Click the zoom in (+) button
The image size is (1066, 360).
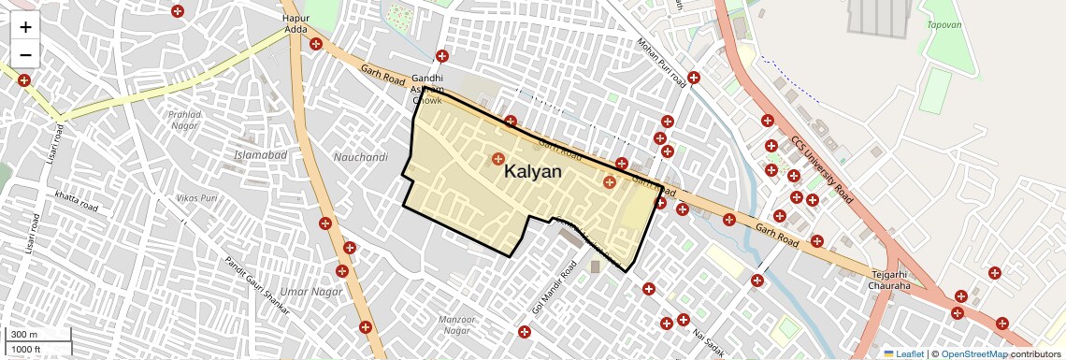click(25, 27)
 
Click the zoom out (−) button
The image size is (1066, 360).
click(25, 54)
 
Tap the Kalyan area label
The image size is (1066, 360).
click(533, 172)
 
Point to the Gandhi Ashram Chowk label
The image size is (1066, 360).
click(427, 89)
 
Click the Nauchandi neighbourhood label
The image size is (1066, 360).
click(360, 157)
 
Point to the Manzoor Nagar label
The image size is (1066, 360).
click(455, 324)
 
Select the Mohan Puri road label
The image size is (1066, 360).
click(662, 63)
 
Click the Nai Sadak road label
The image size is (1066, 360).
click(708, 340)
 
